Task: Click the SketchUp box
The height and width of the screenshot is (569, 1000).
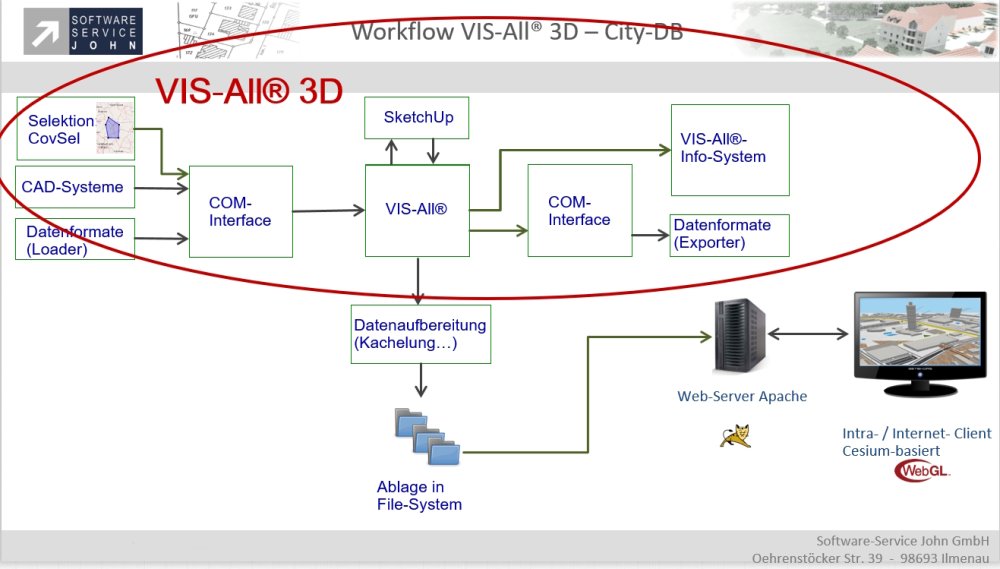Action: pos(418,118)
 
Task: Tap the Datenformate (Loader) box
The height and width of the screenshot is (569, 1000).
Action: pos(75,240)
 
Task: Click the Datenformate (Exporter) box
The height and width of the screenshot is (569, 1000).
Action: pos(729,234)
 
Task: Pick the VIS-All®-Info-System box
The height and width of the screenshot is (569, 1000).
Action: pos(729,149)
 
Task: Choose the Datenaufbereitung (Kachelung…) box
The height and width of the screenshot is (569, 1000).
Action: pos(421,334)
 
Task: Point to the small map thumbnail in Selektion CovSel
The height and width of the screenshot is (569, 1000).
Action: pos(113,127)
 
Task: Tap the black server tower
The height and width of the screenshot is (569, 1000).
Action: pos(740,334)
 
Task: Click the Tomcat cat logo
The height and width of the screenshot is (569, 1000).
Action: pos(735,435)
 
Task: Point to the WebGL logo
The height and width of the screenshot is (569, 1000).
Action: pos(922,470)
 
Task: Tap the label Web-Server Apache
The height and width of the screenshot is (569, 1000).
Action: pos(741,396)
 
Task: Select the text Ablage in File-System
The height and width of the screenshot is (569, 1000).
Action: pos(419,496)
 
